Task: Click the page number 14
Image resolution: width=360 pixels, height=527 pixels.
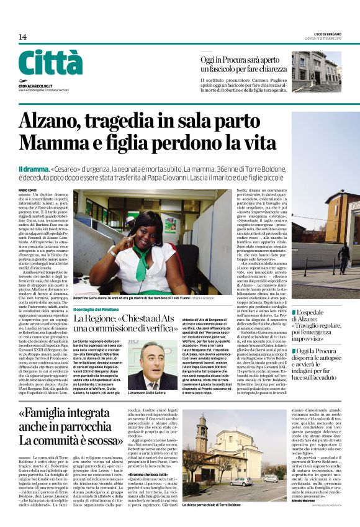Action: pos(22,37)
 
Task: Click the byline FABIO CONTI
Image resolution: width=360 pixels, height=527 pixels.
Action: pos(27,190)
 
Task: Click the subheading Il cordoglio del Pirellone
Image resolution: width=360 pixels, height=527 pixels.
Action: pos(101,309)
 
